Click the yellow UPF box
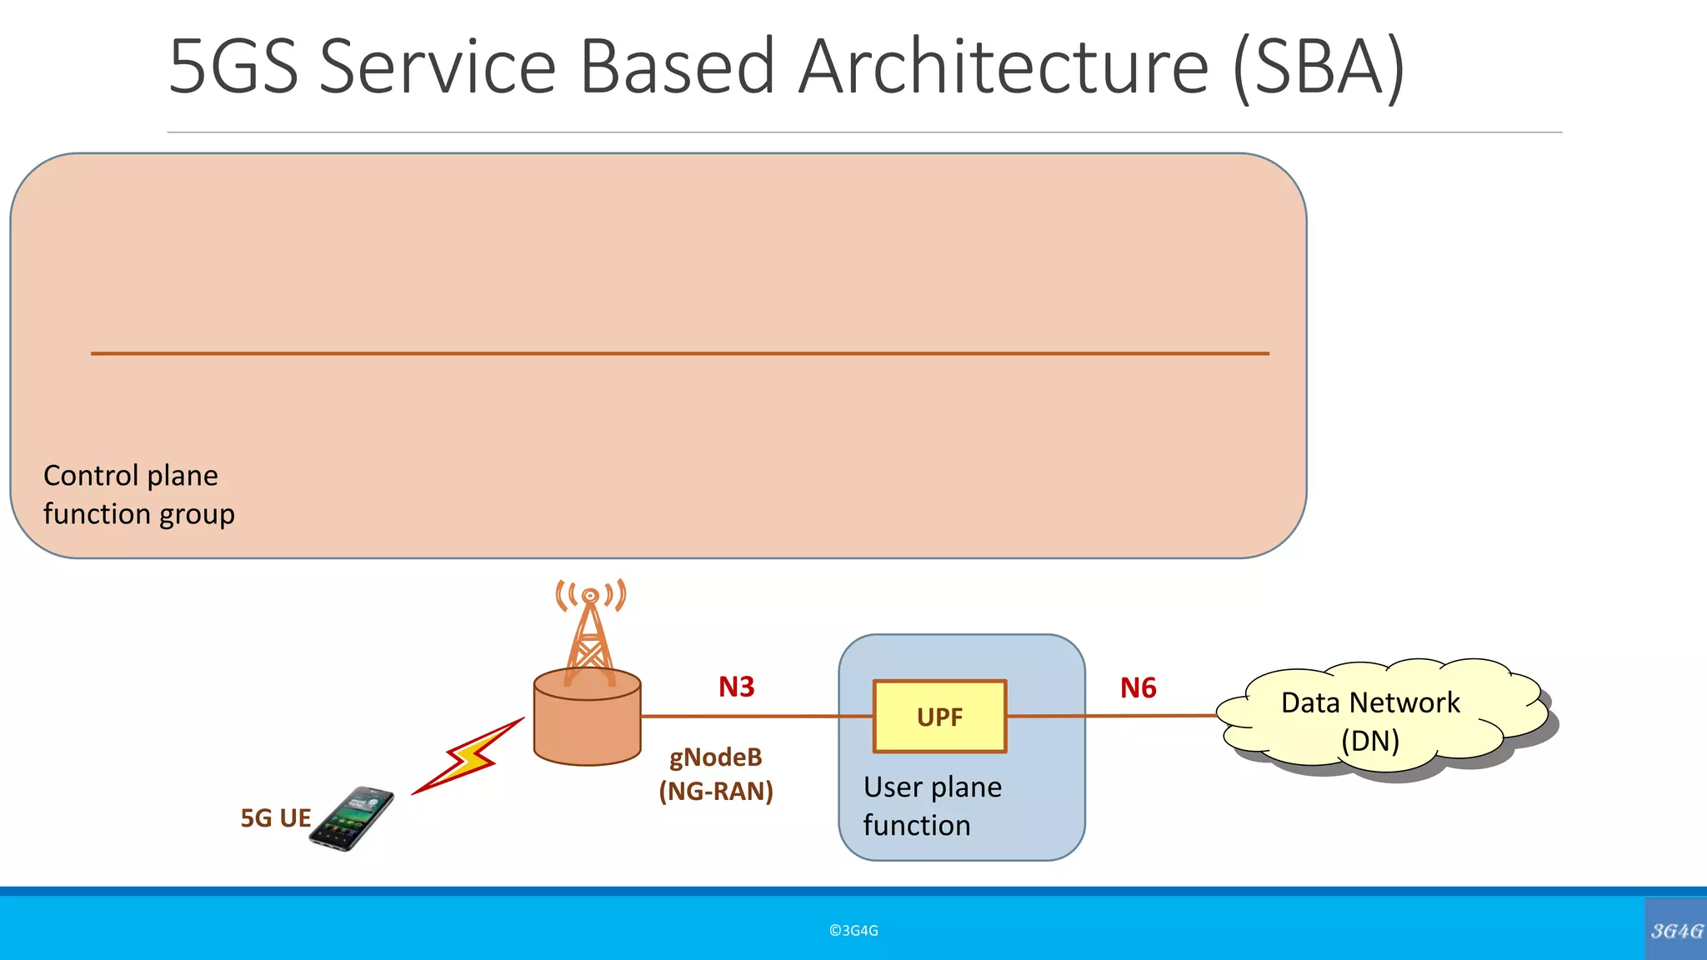[939, 717]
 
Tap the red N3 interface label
[736, 687]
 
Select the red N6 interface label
[1138, 687]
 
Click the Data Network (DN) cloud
[1371, 721]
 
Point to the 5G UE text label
[275, 818]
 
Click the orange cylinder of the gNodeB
[587, 721]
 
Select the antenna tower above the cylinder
[590, 629]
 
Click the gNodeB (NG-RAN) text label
[716, 774]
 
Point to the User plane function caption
[932, 806]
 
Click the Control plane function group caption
[138, 495]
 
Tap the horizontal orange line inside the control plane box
[679, 353]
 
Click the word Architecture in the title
[1004, 67]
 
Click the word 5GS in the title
[233, 67]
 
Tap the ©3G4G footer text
[853, 931]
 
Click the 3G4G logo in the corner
[1676, 930]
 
